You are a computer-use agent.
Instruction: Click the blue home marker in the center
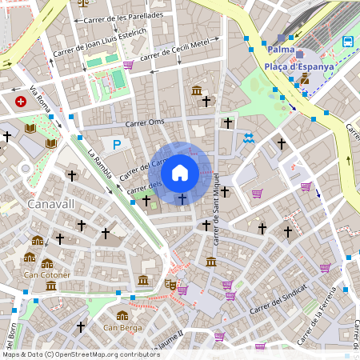[x=180, y=172]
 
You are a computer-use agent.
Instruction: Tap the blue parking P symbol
[x=117, y=145]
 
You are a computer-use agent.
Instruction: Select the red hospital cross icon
[x=21, y=102]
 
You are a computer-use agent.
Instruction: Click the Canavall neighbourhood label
[x=50, y=204]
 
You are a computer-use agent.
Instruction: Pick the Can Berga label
[x=122, y=327]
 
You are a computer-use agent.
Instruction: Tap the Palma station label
[x=281, y=50]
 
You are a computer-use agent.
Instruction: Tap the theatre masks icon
[x=170, y=283]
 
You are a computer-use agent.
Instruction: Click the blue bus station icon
[x=348, y=42]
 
